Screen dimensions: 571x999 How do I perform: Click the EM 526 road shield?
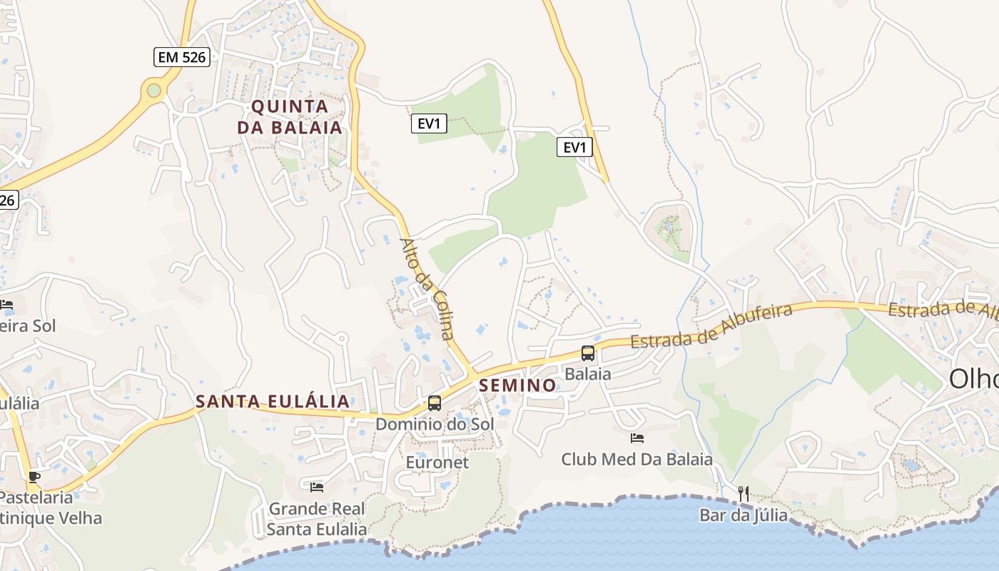click(x=182, y=57)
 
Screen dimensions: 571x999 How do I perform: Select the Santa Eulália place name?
click(x=273, y=401)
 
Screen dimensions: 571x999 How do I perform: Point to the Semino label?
click(x=518, y=385)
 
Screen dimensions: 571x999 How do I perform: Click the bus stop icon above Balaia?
click(x=588, y=353)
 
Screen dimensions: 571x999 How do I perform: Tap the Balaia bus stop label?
click(x=588, y=373)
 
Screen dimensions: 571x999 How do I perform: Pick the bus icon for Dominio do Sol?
click(x=434, y=403)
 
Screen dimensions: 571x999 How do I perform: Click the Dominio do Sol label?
click(x=435, y=424)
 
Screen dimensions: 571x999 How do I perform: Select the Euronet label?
click(x=437, y=463)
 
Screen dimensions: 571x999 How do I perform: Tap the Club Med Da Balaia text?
click(x=637, y=459)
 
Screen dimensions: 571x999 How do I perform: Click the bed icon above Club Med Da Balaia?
click(x=637, y=438)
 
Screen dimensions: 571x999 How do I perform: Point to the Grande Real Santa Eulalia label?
click(x=317, y=519)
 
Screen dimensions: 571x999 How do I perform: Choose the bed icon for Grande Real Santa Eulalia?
click(x=317, y=487)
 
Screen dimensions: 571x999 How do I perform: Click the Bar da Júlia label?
click(x=744, y=515)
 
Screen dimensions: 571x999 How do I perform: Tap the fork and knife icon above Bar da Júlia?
click(x=744, y=493)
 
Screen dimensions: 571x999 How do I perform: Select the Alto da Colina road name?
click(x=427, y=288)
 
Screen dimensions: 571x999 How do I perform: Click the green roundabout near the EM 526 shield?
click(x=153, y=90)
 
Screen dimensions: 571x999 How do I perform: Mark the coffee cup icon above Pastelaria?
click(x=34, y=477)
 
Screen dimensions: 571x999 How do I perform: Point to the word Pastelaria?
click(x=37, y=497)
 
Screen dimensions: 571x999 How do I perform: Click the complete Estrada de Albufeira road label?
click(x=711, y=327)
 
